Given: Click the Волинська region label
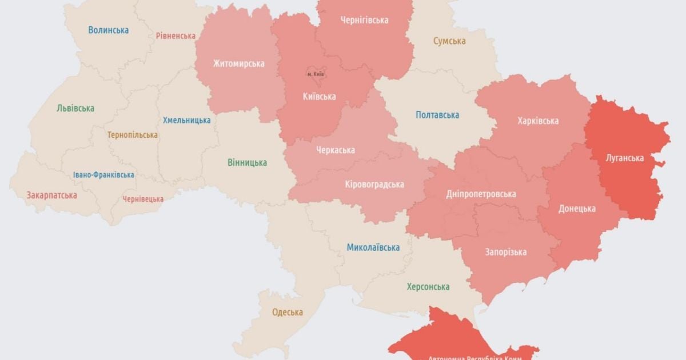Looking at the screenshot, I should point(109,30).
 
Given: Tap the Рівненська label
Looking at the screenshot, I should point(176,35).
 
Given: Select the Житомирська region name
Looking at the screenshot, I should point(239,63).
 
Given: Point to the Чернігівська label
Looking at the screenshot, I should point(364,20).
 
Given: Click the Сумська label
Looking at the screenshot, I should point(449,41).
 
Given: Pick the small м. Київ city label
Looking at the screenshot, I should point(317,75).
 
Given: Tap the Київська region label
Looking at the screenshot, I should point(319,97).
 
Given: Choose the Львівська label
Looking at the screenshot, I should point(76,108).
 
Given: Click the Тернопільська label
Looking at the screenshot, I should point(133,135).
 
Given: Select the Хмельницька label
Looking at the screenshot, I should point(186,121).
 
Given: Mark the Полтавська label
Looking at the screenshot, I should point(437,115).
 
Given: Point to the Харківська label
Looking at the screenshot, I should point(538,121).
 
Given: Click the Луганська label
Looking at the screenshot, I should point(625,158).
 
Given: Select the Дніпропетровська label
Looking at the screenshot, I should point(481,194).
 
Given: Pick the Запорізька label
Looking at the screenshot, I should point(506,252).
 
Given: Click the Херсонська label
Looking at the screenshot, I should point(428,287).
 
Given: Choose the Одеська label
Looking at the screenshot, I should point(288,312).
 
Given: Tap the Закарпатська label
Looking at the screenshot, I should point(52,195).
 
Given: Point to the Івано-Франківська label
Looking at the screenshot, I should point(104,175).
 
